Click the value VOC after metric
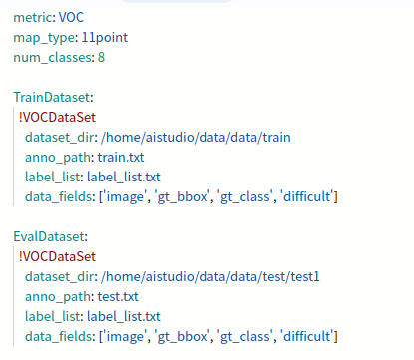click(71, 17)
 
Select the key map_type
click(45, 38)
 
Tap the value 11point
click(105, 38)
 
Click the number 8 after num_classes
click(101, 57)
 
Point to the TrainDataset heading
click(53, 97)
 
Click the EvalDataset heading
click(50, 236)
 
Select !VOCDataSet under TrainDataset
click(57, 117)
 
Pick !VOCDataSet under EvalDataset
click(57, 256)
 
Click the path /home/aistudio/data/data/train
click(196, 137)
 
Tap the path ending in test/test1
click(210, 276)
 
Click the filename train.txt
click(121, 157)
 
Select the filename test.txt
click(118, 296)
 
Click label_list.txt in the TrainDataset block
click(124, 178)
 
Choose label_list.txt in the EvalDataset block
click(124, 317)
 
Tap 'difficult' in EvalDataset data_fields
click(307, 336)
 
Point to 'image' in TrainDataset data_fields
click(125, 197)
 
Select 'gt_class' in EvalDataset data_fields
click(245, 337)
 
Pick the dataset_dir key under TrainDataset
click(62, 138)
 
